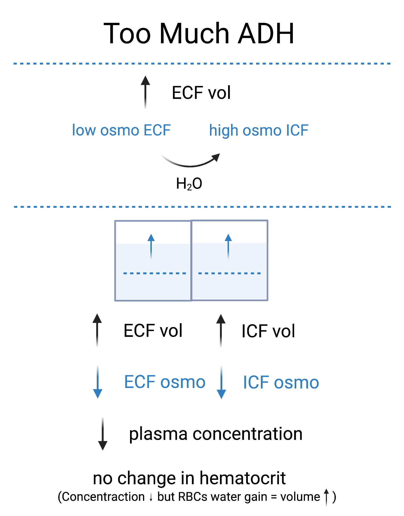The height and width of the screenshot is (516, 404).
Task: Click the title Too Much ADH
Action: (x=199, y=34)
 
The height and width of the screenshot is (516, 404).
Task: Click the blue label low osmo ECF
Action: (x=121, y=130)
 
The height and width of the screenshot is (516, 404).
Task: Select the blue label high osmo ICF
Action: (x=259, y=130)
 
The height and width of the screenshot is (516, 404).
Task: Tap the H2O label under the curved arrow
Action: (x=189, y=183)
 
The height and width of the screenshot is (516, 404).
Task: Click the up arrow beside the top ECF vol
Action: (x=146, y=92)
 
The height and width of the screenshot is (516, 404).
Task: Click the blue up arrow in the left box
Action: (x=151, y=246)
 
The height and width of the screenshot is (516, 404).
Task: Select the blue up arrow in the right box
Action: (x=228, y=246)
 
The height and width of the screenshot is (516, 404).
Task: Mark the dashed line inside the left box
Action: (x=155, y=273)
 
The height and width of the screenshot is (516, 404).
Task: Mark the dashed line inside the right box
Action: (x=229, y=273)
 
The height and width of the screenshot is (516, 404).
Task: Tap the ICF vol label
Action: (x=268, y=331)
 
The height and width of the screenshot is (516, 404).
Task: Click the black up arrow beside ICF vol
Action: (x=221, y=331)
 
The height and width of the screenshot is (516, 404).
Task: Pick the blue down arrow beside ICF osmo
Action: (x=222, y=382)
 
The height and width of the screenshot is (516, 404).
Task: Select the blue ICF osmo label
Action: (x=281, y=382)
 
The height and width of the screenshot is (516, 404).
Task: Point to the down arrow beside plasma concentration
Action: (x=103, y=434)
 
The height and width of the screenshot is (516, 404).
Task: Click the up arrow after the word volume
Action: (x=326, y=497)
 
